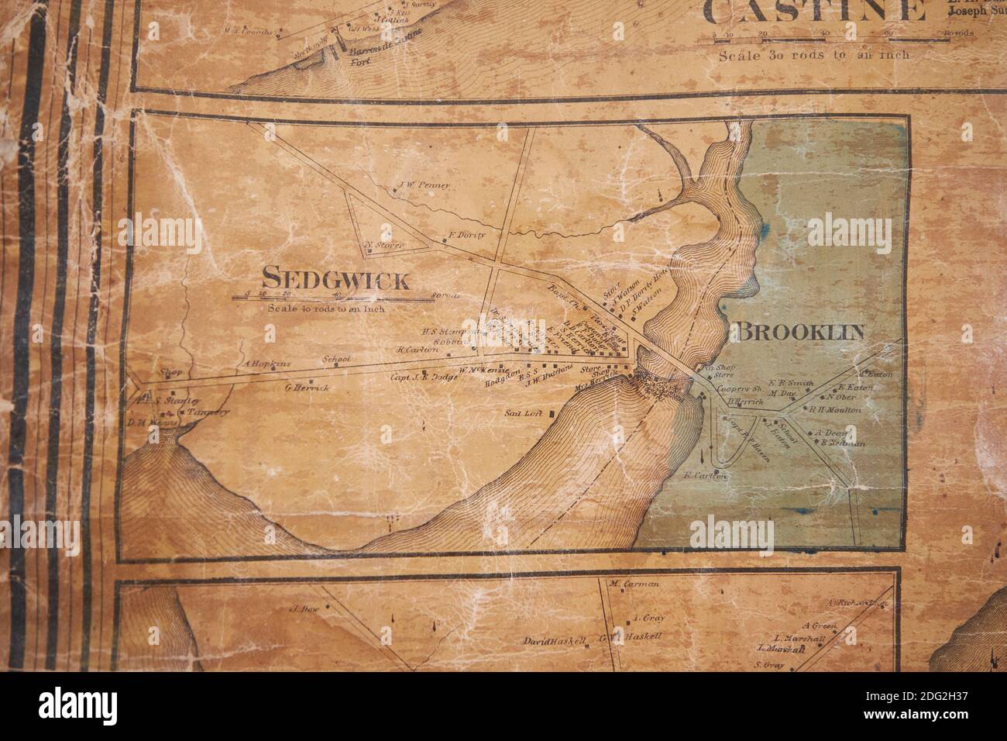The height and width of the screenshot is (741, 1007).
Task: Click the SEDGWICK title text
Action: [335, 277]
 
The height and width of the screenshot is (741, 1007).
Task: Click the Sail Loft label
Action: [522, 413]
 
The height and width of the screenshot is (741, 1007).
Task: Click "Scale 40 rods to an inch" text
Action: [325, 308]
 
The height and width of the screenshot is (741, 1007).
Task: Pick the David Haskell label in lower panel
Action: [554, 643]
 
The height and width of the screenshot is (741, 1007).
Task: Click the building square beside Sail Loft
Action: [551, 415]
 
